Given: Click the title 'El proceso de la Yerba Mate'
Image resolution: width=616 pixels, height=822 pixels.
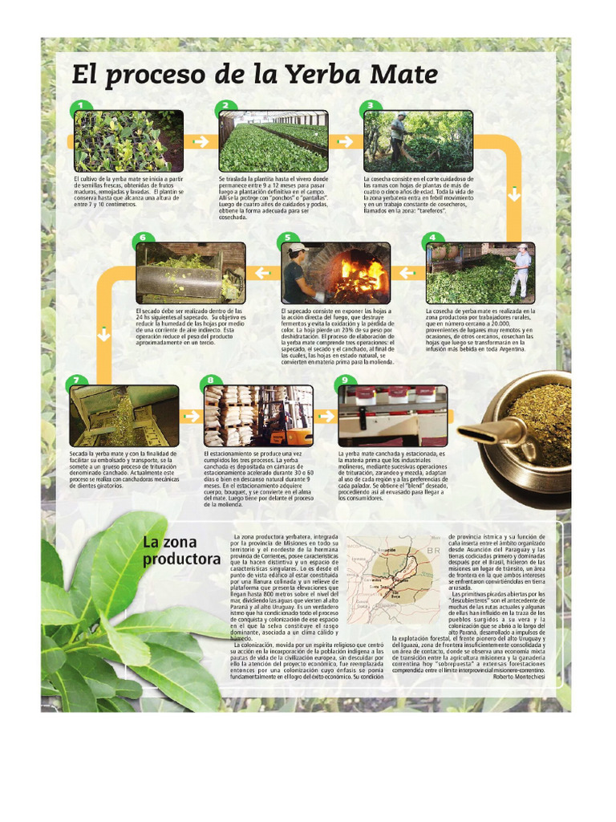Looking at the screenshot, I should [x=255, y=75].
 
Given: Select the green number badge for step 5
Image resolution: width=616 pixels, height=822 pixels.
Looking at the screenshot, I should [x=286, y=238].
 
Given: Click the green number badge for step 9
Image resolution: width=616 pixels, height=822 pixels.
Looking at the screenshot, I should [x=345, y=380].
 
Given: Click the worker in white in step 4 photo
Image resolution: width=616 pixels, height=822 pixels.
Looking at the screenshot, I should [x=521, y=269].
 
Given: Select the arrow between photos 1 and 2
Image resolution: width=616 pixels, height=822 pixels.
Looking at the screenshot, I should [x=201, y=141].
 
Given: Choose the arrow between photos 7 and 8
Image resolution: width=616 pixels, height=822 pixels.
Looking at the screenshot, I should [x=191, y=416].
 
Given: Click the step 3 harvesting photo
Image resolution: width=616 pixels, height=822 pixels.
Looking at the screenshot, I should [x=418, y=141].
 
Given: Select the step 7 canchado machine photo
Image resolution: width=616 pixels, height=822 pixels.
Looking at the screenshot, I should [x=124, y=416].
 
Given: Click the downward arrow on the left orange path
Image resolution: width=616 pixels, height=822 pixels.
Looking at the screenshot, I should [x=104, y=333].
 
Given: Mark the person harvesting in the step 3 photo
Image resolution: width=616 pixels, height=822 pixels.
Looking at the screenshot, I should [x=398, y=136].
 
